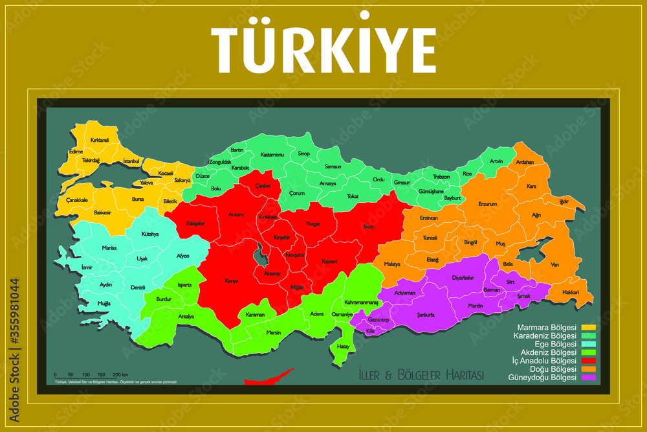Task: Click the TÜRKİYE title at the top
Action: [323, 44]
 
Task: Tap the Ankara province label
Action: [236, 214]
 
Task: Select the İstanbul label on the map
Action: [131, 161]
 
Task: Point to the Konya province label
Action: [231, 281]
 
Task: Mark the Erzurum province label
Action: [487, 204]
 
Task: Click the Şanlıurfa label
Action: [425, 315]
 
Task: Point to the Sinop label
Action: [303, 153]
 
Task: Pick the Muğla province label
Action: [104, 303]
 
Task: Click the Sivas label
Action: [368, 226]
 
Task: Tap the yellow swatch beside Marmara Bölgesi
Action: [587, 327]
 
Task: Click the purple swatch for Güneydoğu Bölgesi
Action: [587, 378]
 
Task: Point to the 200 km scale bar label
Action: [121, 375]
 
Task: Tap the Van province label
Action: [554, 264]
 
